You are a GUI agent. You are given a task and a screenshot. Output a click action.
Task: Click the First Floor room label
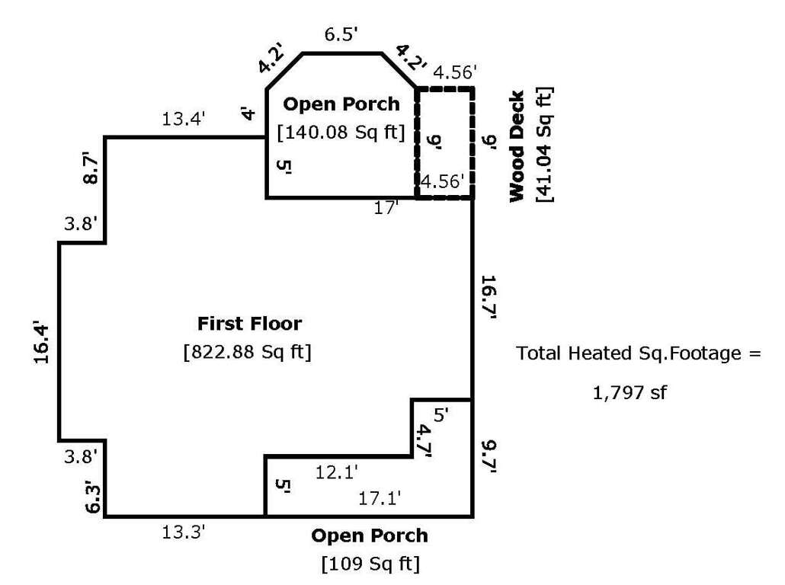pyautogui.click(x=249, y=324)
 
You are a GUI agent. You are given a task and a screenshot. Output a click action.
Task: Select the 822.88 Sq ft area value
pyautogui.click(x=248, y=352)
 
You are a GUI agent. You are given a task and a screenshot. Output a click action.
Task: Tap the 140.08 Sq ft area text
pyautogui.click(x=341, y=132)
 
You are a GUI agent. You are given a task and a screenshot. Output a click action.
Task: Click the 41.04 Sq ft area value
pyautogui.click(x=544, y=145)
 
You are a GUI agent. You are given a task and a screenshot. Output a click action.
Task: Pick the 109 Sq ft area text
pyautogui.click(x=370, y=564)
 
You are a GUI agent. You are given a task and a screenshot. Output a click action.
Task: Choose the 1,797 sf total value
pyautogui.click(x=630, y=392)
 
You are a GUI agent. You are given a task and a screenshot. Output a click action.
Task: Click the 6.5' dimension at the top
pyautogui.click(x=341, y=34)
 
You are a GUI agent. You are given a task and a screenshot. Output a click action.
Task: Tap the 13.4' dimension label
pyautogui.click(x=183, y=119)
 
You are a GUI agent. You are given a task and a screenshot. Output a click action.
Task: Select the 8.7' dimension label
pyautogui.click(x=91, y=168)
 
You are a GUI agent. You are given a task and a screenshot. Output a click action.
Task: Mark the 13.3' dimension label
pyautogui.click(x=183, y=532)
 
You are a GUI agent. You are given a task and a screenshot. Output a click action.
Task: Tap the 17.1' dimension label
pyautogui.click(x=380, y=498)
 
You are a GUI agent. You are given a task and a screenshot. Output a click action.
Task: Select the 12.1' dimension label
pyautogui.click(x=336, y=472)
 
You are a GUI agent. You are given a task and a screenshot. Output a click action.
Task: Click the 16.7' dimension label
pyautogui.click(x=488, y=297)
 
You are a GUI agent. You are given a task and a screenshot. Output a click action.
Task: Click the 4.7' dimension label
pyautogui.click(x=424, y=441)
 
